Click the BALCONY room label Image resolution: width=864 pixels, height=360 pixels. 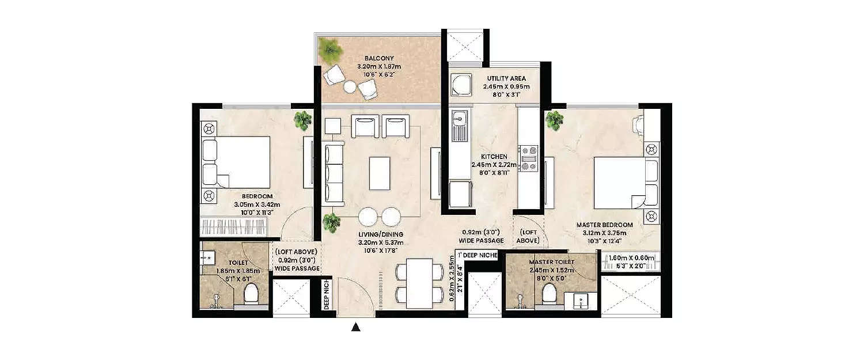[378, 58]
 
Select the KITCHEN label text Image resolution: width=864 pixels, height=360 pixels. [495, 156]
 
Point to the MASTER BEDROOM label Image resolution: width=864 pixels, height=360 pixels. [604, 225]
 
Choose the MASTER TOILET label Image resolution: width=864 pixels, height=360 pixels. [552, 263]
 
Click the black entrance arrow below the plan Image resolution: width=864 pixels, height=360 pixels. [356, 328]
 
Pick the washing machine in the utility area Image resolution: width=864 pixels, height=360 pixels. [460, 86]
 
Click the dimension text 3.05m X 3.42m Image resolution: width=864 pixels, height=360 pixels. [257, 204]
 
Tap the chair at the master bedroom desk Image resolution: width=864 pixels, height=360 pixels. [637, 124]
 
